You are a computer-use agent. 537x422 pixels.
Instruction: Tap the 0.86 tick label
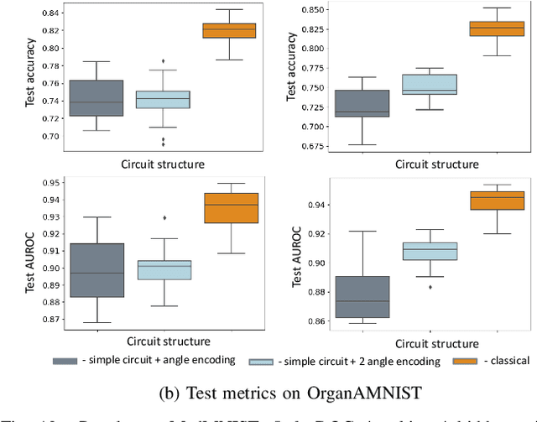(x=317, y=321)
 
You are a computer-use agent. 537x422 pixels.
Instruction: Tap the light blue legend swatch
(x=268, y=361)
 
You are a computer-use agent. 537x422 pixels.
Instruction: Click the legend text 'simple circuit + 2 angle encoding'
(x=362, y=361)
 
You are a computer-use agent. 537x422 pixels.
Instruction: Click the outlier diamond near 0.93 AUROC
(x=164, y=217)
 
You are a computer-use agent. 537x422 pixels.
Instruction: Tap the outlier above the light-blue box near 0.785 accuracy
(x=164, y=61)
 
